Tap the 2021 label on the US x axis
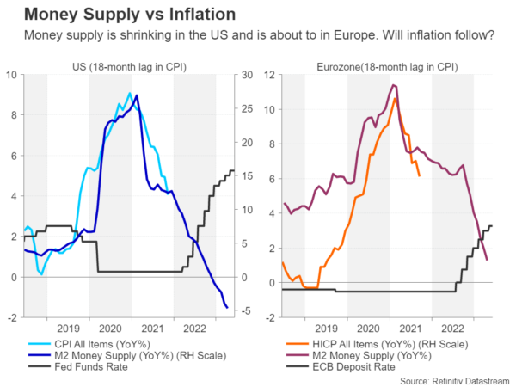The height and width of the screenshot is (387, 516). point(152,328)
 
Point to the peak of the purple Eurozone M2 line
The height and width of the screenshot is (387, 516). point(393,84)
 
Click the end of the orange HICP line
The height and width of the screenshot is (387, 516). point(419,175)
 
